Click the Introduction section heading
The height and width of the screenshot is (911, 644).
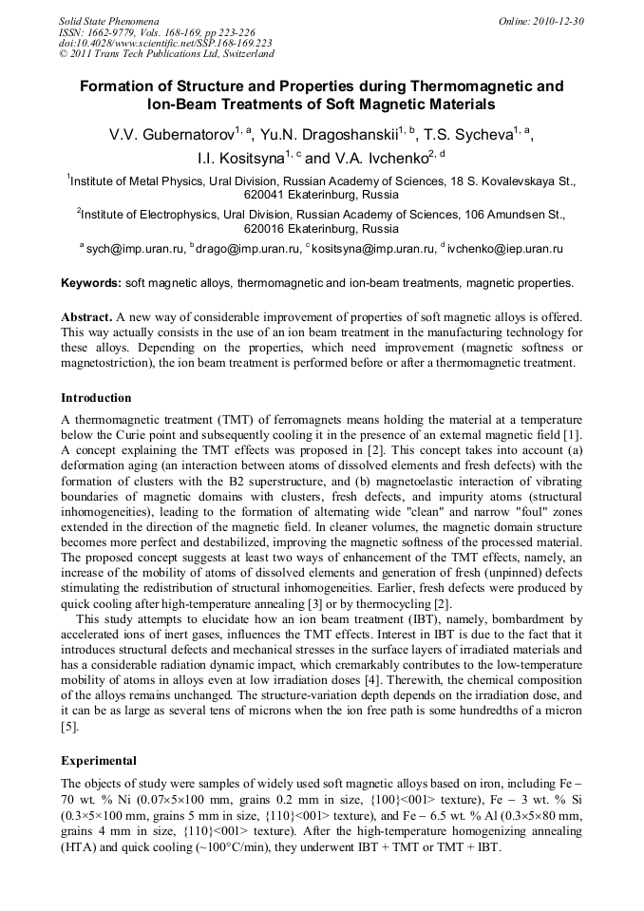click(x=96, y=397)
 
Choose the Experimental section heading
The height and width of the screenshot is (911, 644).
click(x=99, y=760)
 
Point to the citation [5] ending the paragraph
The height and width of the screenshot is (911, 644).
click(x=69, y=727)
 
